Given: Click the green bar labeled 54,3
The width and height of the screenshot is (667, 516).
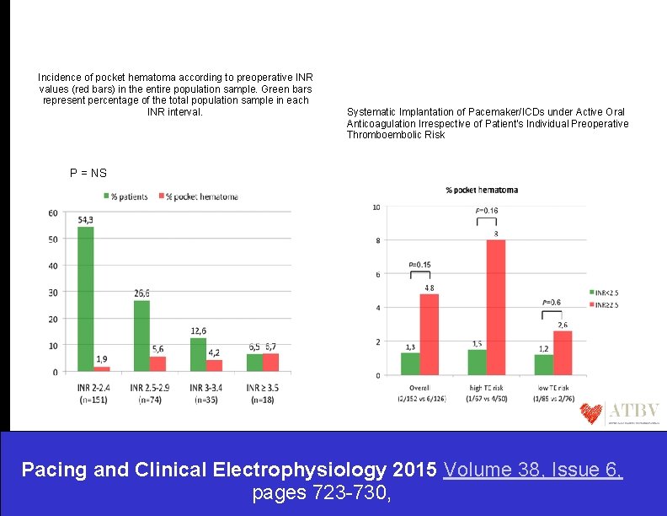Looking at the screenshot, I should (x=86, y=298).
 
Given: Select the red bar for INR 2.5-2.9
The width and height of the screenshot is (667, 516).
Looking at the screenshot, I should (x=158, y=363).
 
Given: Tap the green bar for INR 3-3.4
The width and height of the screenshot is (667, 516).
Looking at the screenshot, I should (x=198, y=354).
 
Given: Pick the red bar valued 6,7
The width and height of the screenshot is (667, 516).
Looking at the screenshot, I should (x=269, y=362).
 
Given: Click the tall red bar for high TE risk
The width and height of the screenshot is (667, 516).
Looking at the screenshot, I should (x=496, y=307).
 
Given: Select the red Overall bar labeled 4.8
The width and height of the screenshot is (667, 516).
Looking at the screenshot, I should (x=430, y=334).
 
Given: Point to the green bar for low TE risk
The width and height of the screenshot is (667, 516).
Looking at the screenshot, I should (x=544, y=364).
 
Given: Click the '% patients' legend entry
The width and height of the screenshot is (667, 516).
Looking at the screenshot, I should (x=127, y=196).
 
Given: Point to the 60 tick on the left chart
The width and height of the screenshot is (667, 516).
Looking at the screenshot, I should (x=52, y=212).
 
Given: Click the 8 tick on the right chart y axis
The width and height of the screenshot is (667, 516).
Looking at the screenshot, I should (x=376, y=241).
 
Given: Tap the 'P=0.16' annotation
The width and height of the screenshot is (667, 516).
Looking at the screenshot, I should (x=486, y=211).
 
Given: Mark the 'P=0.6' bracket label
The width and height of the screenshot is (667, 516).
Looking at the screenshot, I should (x=552, y=302).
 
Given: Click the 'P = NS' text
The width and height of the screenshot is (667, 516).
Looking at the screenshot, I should (x=88, y=173).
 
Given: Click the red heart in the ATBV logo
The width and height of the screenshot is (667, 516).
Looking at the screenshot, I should (x=591, y=412).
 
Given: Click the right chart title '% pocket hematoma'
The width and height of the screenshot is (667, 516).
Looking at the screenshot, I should (x=481, y=190).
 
